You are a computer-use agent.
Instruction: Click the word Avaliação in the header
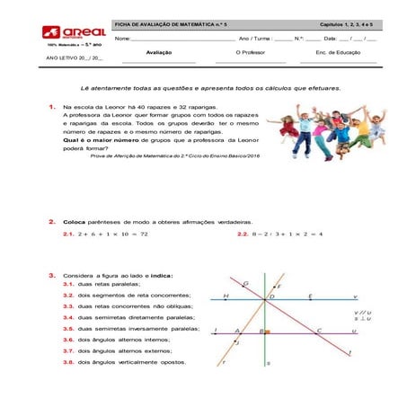[158, 53]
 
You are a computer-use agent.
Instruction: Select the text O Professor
[250, 53]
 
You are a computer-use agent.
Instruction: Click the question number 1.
[53, 107]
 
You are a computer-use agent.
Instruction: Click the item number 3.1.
[67, 284]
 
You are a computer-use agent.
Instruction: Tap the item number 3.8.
[67, 362]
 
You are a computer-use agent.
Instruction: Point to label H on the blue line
[226, 296]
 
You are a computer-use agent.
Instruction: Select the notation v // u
[362, 312]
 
